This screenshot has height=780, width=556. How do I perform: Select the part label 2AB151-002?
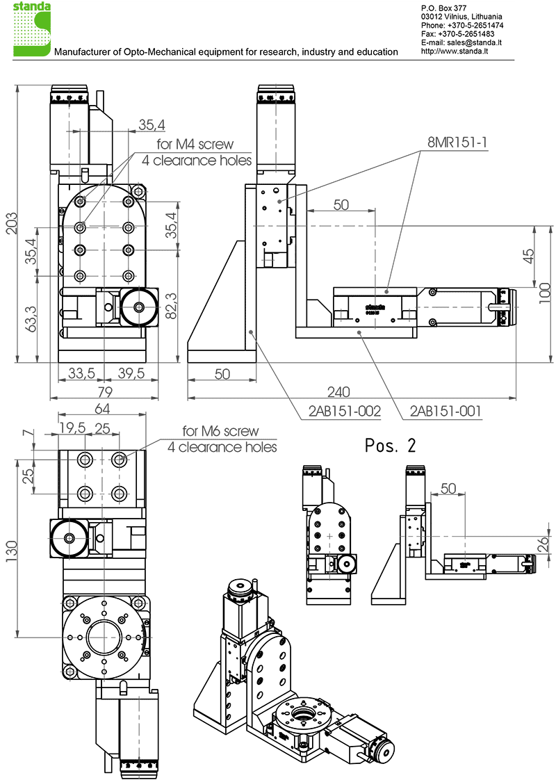(345, 412)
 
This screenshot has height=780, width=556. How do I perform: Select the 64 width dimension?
(102, 408)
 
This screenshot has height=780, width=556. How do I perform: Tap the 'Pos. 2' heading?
(391, 446)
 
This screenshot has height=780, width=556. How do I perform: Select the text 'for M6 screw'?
(220, 431)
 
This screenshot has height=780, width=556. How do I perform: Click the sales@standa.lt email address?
(473, 42)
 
